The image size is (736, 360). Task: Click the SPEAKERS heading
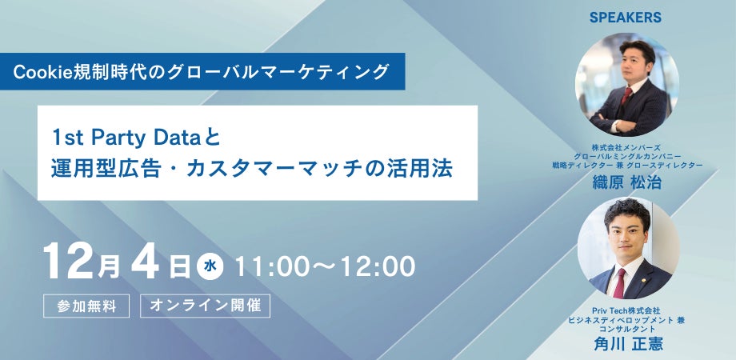pyautogui.click(x=626, y=17)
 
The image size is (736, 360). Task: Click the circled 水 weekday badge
pyautogui.click(x=207, y=266)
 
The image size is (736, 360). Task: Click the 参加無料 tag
pyautogui.click(x=86, y=306)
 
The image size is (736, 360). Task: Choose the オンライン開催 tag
pyautogui.click(x=204, y=306)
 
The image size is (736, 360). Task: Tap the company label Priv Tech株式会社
pyautogui.click(x=627, y=310)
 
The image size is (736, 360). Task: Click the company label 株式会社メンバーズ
pyautogui.click(x=627, y=146)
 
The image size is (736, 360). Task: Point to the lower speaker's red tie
pyautogui.click(x=619, y=282)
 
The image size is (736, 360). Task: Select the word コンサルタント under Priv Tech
pyautogui.click(x=627, y=329)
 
